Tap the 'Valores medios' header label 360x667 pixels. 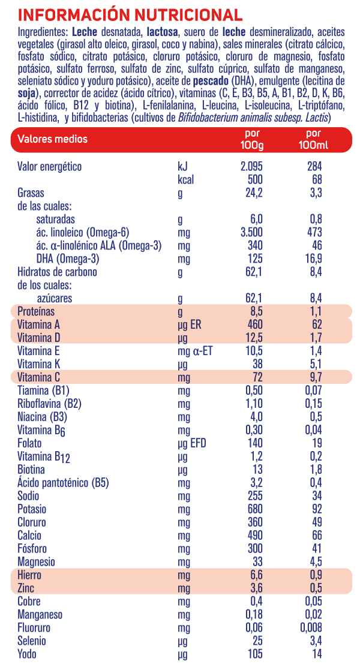coord(52,139)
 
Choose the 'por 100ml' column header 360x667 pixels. coord(313,139)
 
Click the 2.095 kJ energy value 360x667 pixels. coord(251,166)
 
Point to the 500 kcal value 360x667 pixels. coord(255,179)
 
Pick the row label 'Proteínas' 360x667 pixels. coord(36,311)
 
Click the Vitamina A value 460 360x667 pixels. coord(255,325)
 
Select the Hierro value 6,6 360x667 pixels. coord(256,575)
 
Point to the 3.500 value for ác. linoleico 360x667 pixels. coord(251,232)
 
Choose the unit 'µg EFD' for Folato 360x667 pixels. coord(192,443)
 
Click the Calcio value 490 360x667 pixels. coord(255,536)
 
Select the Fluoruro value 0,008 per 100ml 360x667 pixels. coord(312,628)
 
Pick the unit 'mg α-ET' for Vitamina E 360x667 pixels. coord(195,351)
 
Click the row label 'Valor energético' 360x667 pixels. coord(49,166)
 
